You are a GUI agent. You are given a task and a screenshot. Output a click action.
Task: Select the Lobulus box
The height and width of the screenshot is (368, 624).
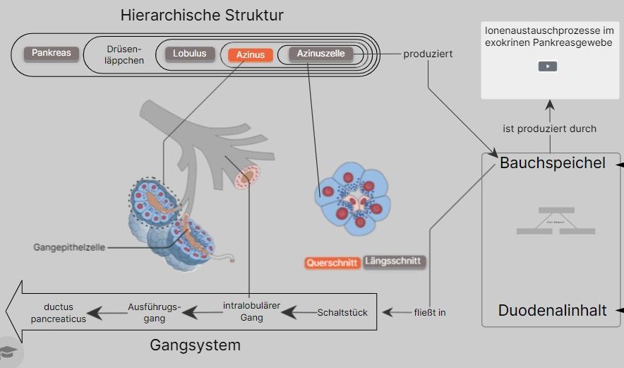coord(190,54)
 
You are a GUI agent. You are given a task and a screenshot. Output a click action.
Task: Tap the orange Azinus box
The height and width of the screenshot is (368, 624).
coord(250,54)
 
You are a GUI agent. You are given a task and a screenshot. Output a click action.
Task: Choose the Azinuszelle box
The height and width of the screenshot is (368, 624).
coord(320,54)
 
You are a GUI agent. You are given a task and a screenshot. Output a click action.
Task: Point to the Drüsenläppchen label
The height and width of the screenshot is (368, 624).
coord(124,54)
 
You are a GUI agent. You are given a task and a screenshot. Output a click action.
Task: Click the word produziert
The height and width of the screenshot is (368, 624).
coord(428,54)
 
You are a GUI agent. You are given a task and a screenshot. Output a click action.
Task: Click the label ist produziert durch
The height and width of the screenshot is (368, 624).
coord(549,129)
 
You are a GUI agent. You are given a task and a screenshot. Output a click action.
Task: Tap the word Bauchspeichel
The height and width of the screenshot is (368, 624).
coord(552,163)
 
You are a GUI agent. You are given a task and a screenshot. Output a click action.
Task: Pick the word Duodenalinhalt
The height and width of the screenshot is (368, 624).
coord(552,311)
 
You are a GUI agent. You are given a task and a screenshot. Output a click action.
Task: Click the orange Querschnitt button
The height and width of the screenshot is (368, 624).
coord(332,263)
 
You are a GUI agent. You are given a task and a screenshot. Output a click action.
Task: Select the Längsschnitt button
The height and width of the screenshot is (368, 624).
coord(395,261)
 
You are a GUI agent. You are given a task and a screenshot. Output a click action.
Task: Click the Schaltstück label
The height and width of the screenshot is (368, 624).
coord(342,312)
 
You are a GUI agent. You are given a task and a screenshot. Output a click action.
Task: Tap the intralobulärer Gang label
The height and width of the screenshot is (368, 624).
coord(251,311)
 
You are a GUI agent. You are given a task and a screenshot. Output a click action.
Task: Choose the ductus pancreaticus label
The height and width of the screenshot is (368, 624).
coord(64,313)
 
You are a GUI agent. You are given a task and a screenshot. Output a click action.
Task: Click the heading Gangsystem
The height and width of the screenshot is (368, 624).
coord(196,345)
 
